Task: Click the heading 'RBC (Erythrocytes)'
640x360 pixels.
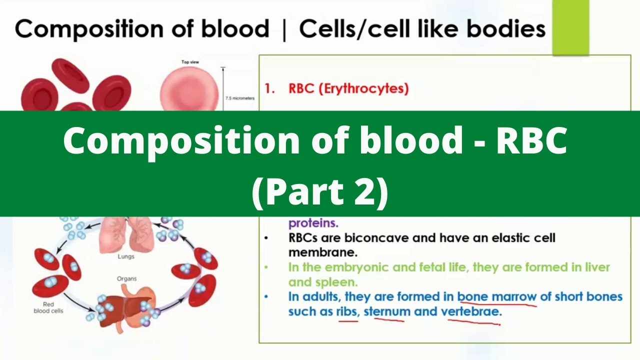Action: point(348,89)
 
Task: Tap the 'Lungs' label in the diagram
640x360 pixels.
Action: point(126,256)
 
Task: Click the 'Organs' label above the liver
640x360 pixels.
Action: point(126,278)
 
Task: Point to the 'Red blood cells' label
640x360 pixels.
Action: point(48,307)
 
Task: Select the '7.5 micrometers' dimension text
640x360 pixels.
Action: point(240,98)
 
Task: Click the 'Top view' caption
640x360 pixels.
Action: point(190,62)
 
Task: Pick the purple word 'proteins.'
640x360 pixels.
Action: point(313,223)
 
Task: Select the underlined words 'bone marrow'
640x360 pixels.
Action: point(496,296)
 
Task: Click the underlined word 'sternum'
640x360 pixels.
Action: point(387,311)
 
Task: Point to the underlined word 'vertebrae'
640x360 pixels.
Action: point(470,311)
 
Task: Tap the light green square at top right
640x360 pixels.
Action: point(570,27)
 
